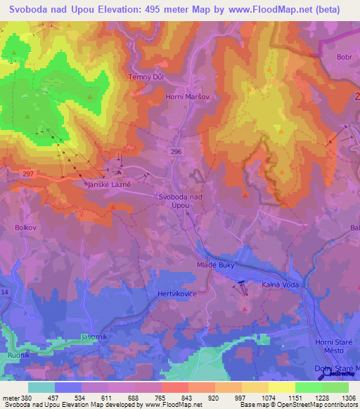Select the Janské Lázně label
109,184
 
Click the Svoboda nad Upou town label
181,201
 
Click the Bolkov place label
26,228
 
